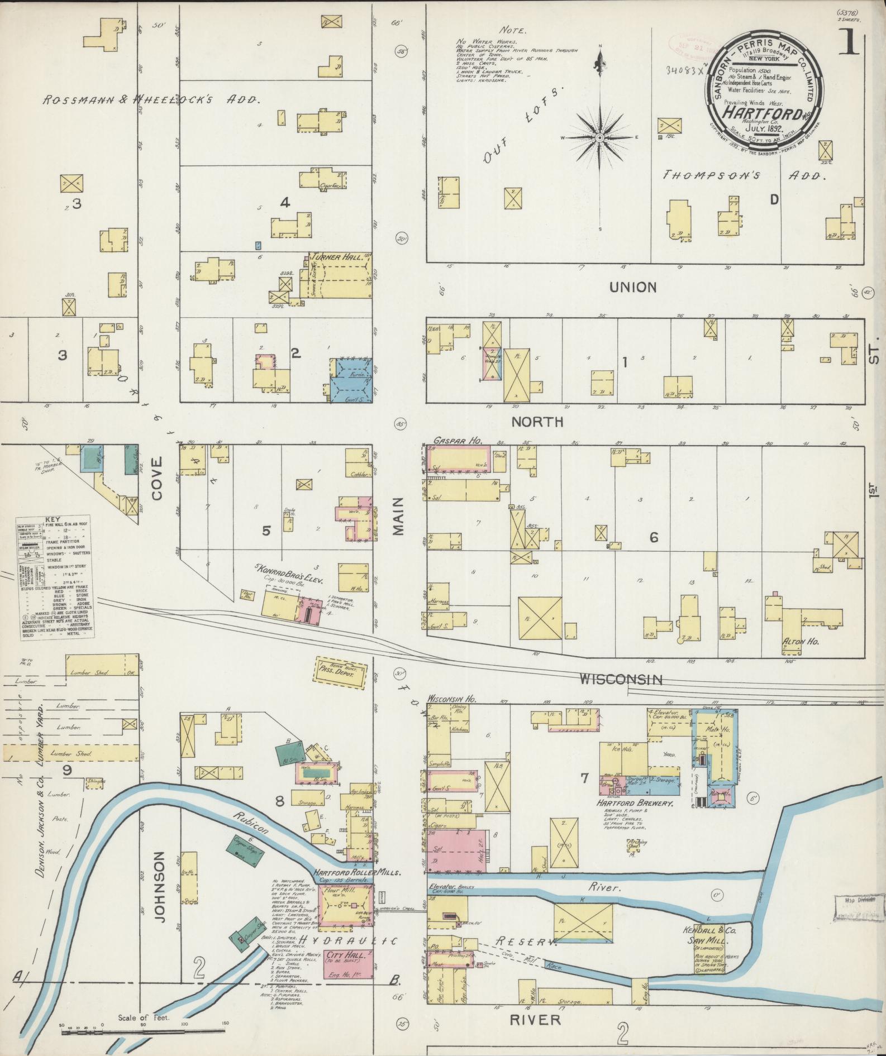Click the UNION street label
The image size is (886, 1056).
tap(633, 287)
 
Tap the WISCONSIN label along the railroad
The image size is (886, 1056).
tap(620, 680)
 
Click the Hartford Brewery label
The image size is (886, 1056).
tap(636, 804)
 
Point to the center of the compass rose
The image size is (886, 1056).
tap(599, 137)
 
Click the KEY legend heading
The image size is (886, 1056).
tap(54, 519)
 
